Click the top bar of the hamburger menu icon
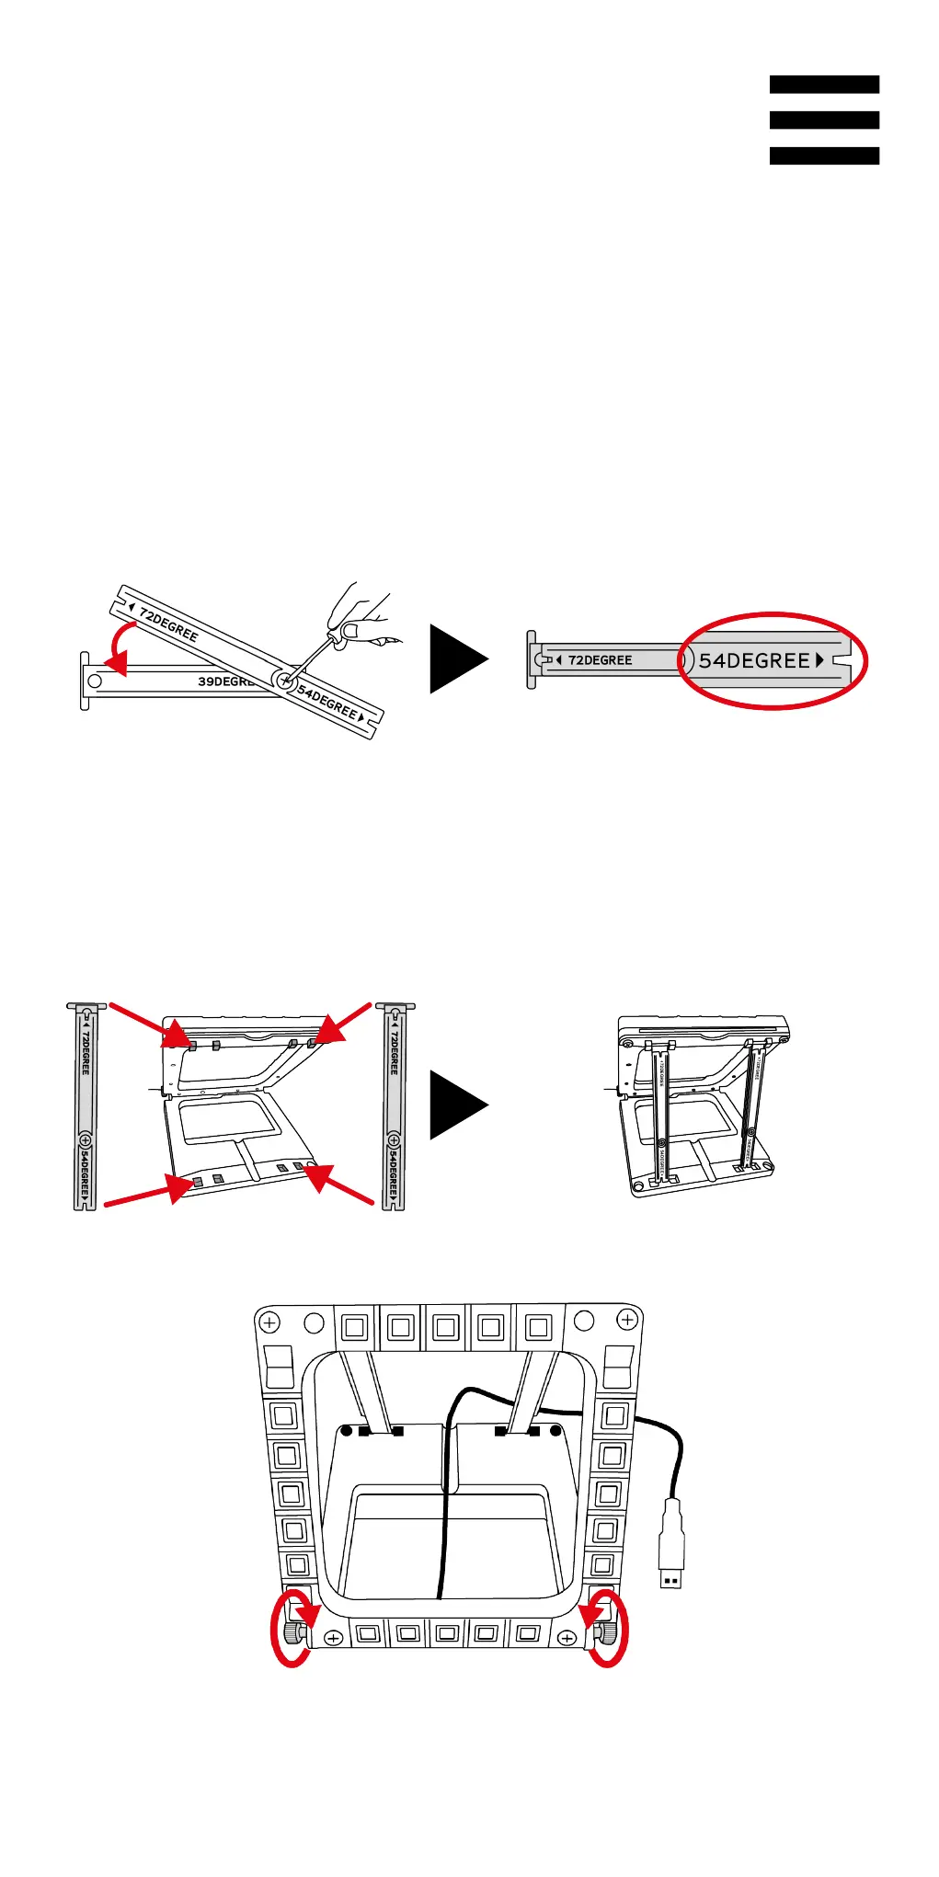pos(824,85)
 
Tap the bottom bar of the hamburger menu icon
pos(824,155)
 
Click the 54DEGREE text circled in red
pos(754,660)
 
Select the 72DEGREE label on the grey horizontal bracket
pos(600,660)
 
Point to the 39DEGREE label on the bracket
pos(225,681)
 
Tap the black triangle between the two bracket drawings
pos(457,658)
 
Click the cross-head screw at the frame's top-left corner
pos(269,1322)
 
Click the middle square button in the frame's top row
pos(446,1328)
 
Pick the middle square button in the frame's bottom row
pos(447,1634)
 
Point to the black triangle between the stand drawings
pos(457,1105)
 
